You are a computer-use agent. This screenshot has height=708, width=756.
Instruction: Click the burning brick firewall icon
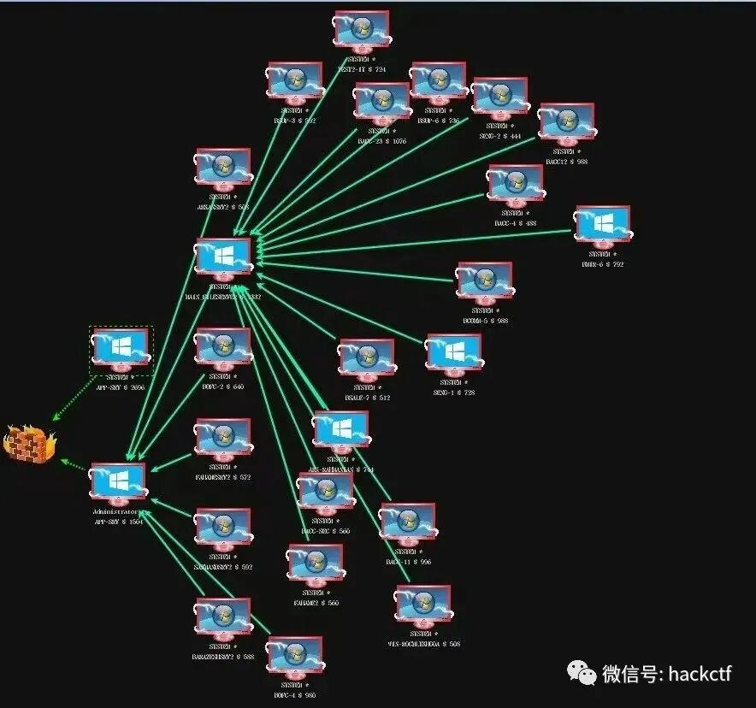(28, 442)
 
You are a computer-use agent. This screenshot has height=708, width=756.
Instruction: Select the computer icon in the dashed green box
(120, 349)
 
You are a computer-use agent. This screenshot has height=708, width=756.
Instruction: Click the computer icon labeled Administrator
(118, 484)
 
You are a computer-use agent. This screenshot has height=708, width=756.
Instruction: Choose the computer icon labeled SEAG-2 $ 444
(499, 99)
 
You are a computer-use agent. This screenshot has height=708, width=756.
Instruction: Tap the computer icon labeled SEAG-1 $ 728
(453, 354)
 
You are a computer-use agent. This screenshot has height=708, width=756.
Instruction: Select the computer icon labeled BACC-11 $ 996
(407, 524)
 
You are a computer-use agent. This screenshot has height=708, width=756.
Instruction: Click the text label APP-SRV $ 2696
(120, 386)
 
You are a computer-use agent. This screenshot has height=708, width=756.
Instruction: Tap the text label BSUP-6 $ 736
(438, 121)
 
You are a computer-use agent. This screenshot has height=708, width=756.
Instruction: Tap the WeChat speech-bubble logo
(585, 673)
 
